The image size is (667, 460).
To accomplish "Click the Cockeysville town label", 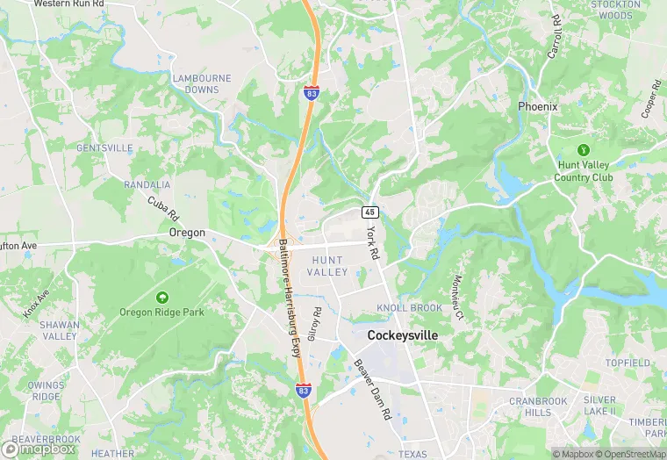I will [402, 335].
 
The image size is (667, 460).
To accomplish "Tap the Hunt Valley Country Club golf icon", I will [584, 149].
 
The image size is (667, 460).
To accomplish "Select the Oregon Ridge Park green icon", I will [161, 298].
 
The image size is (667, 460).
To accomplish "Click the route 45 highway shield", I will [370, 212].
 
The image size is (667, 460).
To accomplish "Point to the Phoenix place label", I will [537, 106].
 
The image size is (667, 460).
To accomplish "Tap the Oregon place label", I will [187, 233].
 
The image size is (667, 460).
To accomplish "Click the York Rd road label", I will [374, 241].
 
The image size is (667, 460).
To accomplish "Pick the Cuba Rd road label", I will [162, 208].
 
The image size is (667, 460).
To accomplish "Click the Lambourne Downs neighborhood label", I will [202, 83].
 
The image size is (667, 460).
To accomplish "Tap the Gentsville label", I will [104, 147].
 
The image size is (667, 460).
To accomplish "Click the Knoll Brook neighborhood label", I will [409, 308].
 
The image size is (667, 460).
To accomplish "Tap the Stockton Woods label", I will [615, 10].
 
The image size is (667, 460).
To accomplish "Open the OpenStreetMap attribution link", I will [632, 454].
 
